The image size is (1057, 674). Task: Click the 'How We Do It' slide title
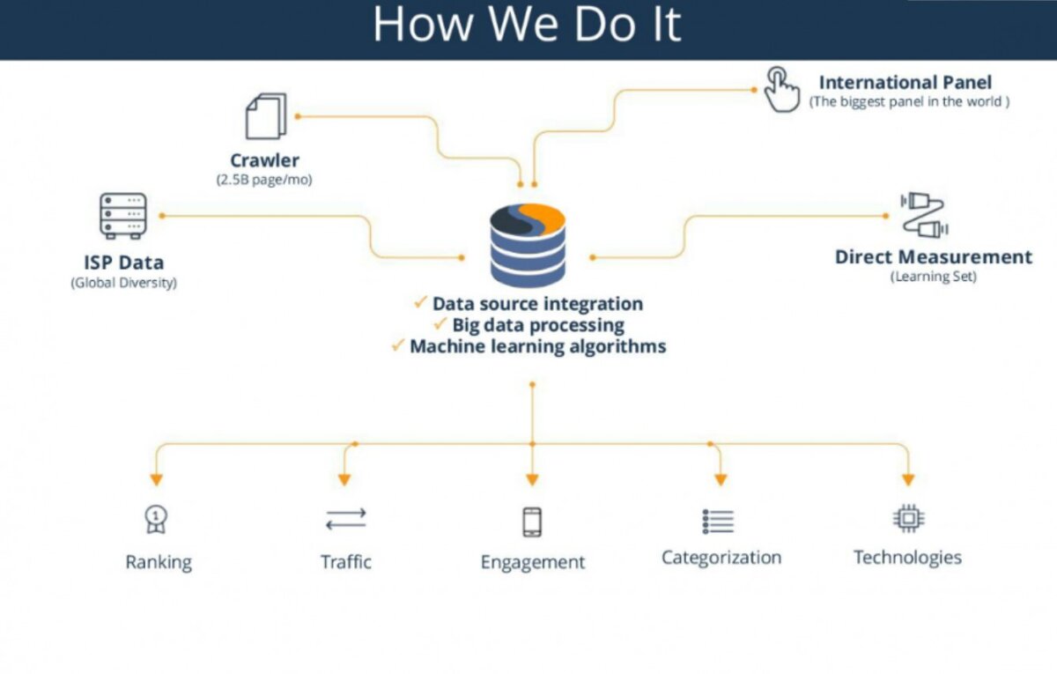pos(527,25)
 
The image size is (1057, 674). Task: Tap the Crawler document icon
pos(266,116)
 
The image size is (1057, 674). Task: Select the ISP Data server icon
pos(123,216)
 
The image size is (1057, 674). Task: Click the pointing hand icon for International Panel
pos(782,89)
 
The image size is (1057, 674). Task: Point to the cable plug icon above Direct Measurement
pos(924,215)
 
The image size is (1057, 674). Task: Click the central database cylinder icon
pos(528,246)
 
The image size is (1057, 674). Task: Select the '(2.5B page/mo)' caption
pos(264,180)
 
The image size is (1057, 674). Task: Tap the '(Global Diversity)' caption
pos(123,283)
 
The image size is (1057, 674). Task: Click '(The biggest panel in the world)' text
pos(909,102)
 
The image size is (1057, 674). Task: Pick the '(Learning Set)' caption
pos(934,277)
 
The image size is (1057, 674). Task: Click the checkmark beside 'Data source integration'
pos(420,302)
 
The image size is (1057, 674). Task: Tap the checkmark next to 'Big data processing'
pos(440,324)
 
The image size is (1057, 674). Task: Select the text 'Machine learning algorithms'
pos(538,346)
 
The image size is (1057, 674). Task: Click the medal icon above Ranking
pos(156,519)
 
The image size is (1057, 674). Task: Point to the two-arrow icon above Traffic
pos(346,519)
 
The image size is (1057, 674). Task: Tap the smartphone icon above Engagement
pos(532,522)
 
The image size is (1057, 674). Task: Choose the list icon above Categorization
pos(718,522)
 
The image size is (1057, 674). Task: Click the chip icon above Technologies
pos(909,518)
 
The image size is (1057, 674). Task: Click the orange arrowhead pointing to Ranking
pos(157,480)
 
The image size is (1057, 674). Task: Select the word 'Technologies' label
pos(907,558)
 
